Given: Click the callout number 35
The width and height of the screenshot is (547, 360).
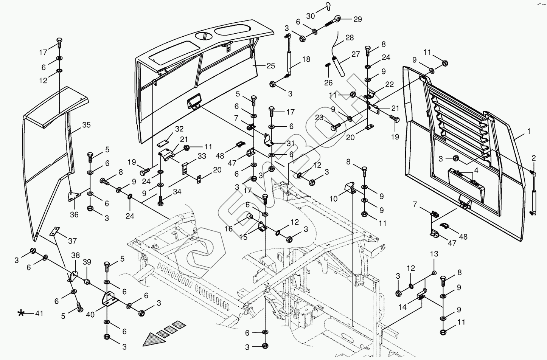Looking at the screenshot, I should pos(87,125).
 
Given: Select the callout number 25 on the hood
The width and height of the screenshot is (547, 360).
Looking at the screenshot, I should pos(270,66).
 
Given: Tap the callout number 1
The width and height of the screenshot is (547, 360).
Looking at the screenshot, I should pos(528,132).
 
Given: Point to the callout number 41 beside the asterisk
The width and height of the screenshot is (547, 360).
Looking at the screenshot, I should pos(39,313).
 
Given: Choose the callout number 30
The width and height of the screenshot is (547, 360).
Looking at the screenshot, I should pos(310,16).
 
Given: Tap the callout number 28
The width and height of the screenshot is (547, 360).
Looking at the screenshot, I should pos(349,38).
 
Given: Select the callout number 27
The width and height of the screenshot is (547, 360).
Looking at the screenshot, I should pos(356,54).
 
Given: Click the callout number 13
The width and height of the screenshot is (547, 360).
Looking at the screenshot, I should pos(434,254).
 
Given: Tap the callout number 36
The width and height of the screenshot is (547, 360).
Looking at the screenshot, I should pos(74,214).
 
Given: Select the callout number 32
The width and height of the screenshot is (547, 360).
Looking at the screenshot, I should pos(179,129).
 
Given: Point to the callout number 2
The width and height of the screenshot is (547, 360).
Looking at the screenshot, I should pos(533,158).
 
